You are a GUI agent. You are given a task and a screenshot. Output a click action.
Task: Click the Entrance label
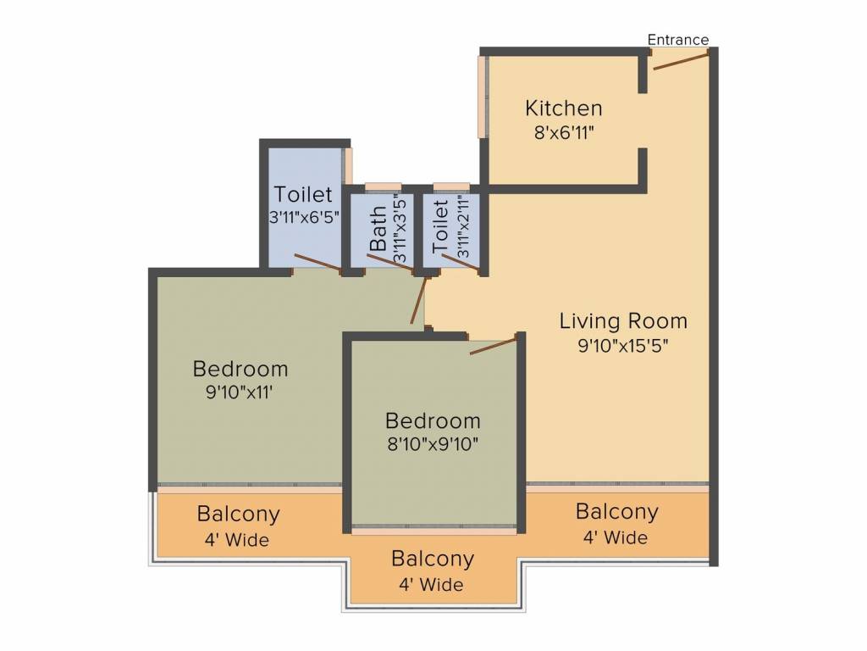(678, 40)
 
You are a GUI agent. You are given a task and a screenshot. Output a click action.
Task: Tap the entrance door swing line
(681, 60)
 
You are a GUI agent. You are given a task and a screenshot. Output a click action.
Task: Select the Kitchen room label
(563, 108)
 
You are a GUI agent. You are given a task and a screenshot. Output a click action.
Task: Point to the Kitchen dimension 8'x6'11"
(564, 133)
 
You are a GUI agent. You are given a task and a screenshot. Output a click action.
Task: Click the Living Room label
(623, 321)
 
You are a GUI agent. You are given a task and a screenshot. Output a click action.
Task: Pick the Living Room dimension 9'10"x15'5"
(623, 346)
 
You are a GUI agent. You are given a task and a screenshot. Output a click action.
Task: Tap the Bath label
(378, 229)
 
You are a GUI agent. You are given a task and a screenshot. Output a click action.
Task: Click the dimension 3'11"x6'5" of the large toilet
(304, 217)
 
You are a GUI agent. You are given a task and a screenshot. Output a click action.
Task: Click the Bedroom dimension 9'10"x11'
(240, 392)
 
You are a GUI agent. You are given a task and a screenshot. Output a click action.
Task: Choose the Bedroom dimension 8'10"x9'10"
(433, 444)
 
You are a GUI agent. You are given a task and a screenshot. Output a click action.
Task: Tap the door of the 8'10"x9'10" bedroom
(494, 344)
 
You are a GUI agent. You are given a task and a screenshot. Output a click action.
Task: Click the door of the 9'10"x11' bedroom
(418, 300)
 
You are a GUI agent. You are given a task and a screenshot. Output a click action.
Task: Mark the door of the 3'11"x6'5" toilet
(318, 263)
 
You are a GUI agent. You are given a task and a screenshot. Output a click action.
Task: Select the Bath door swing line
(390, 263)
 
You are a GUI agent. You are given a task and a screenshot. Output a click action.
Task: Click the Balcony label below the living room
(616, 511)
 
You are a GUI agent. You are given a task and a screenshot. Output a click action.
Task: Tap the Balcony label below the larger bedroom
(238, 515)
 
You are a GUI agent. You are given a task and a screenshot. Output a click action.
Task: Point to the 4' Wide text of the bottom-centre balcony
(431, 585)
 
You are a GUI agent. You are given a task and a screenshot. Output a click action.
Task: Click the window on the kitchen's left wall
(483, 97)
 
